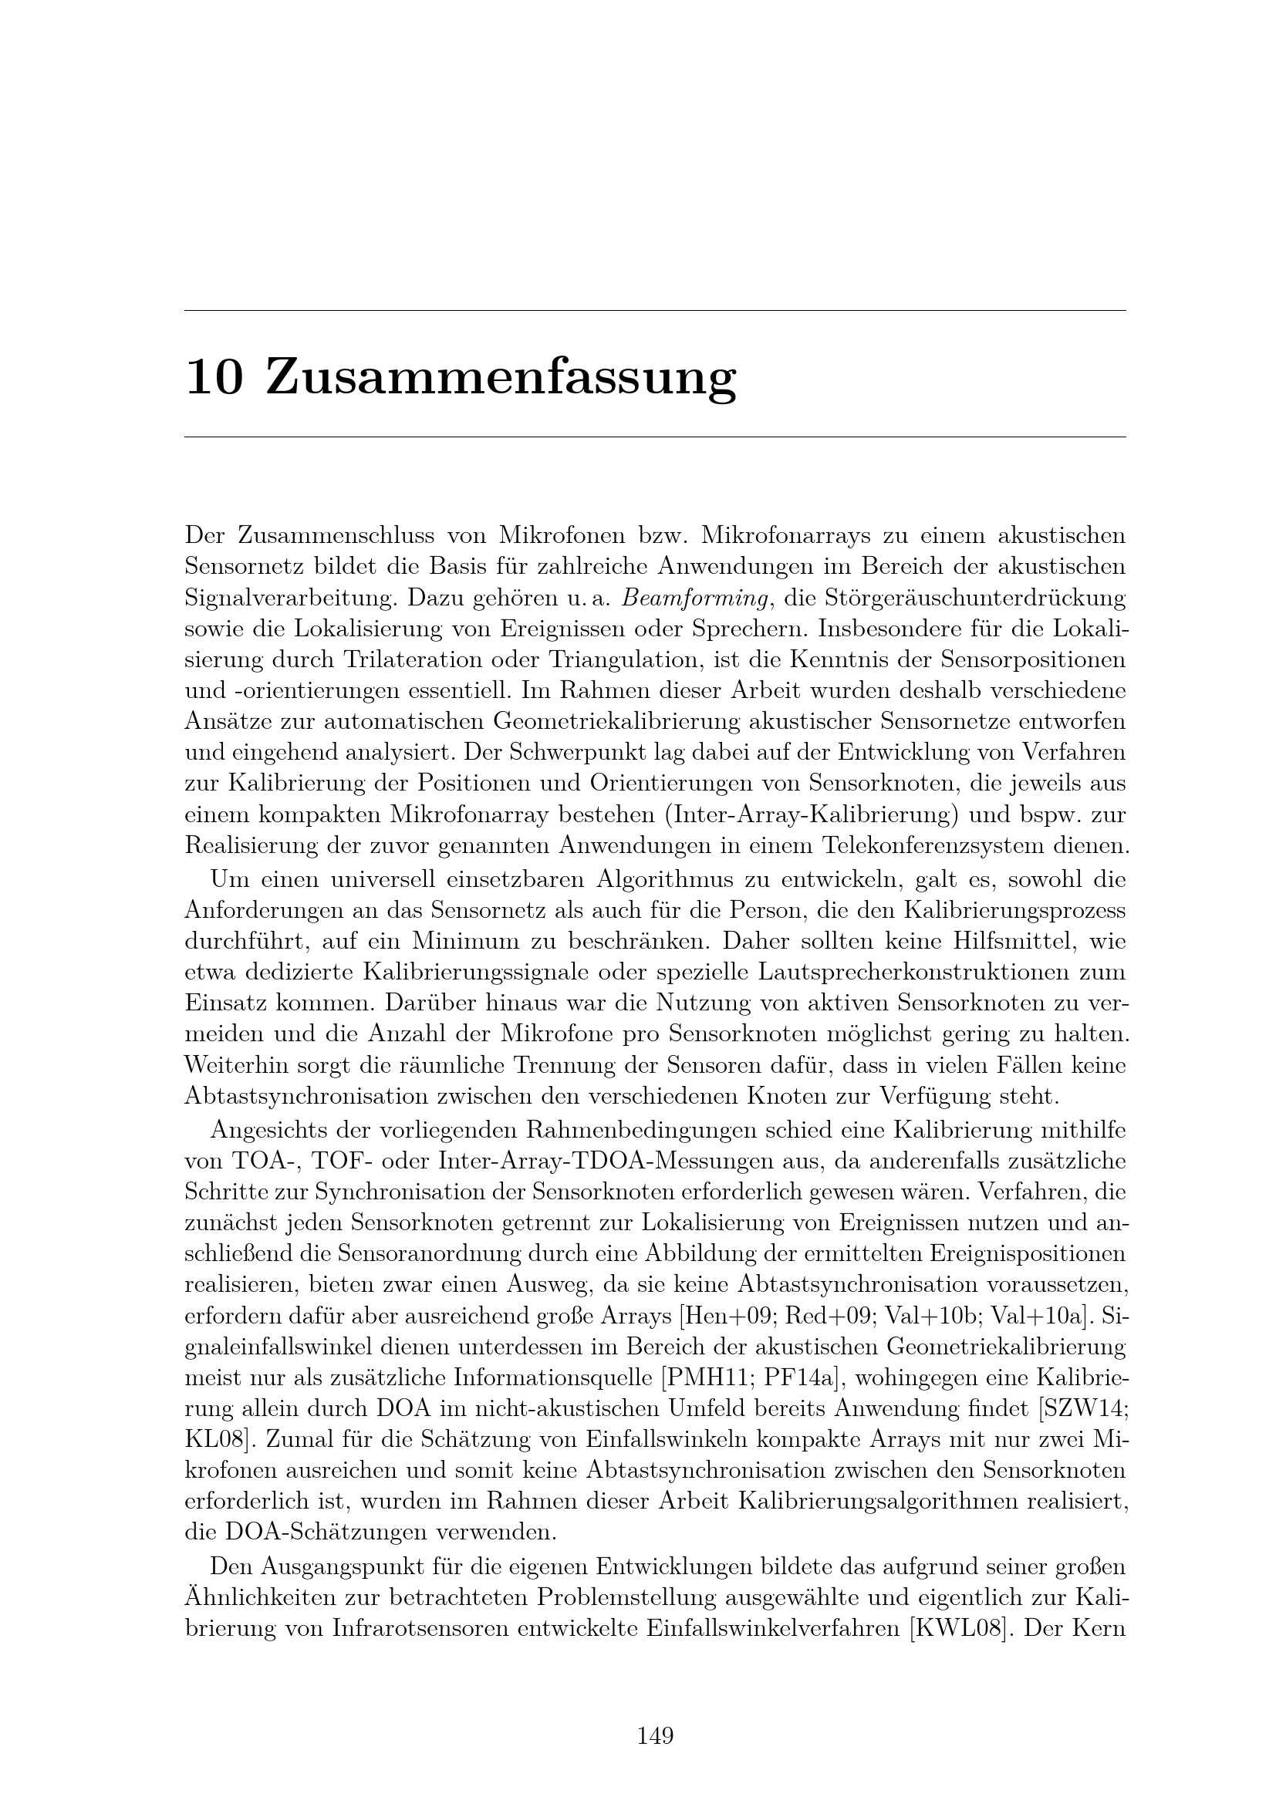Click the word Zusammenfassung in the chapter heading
tap(501, 378)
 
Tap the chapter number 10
tap(214, 378)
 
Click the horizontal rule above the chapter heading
tap(654, 310)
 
